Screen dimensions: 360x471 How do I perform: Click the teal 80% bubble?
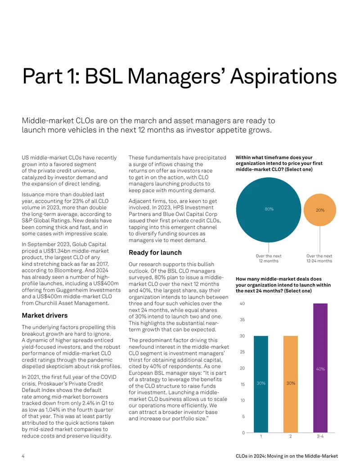pyautogui.click(x=268, y=210)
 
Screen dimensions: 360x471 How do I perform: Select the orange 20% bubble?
pyautogui.click(x=320, y=210)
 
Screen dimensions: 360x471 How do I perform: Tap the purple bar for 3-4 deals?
pyautogui.click(x=320, y=368)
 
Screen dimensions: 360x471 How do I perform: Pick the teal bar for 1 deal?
pyautogui.click(x=261, y=384)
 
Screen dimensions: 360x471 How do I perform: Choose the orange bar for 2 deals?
pyautogui.click(x=291, y=384)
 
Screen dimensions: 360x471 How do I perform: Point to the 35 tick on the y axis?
pyautogui.click(x=242, y=319)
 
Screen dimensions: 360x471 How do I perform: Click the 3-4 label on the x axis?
pyautogui.click(x=320, y=436)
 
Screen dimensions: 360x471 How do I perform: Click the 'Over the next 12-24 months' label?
pyautogui.click(x=319, y=258)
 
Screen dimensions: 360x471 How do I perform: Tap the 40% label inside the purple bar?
pyautogui.click(x=320, y=369)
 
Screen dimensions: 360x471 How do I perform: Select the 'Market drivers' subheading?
pyautogui.click(x=45, y=315)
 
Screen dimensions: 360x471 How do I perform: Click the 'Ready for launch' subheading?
pyautogui.click(x=155, y=253)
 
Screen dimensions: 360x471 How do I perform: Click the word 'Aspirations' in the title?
pyautogui.click(x=283, y=76)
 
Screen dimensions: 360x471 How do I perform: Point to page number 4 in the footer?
pyautogui.click(x=23, y=456)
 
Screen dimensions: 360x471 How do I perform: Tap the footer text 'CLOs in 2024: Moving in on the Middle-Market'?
pyautogui.click(x=287, y=456)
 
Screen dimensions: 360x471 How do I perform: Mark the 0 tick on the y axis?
pyautogui.click(x=244, y=433)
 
